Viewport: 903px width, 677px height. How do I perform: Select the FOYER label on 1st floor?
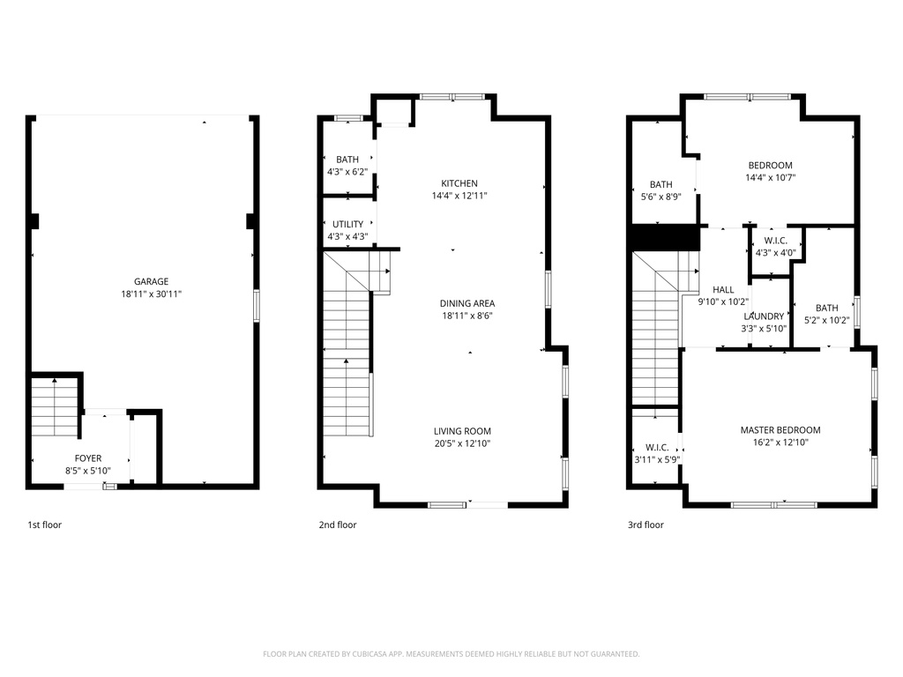tap(87, 458)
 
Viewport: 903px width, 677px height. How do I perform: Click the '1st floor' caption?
tap(45, 524)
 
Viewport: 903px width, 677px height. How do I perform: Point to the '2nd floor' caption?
tap(338, 524)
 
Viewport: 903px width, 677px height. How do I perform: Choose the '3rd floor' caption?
tap(646, 524)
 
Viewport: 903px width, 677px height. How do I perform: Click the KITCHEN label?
tap(460, 183)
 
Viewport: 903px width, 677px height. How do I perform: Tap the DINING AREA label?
tap(467, 303)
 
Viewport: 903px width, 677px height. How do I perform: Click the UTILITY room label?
tap(347, 225)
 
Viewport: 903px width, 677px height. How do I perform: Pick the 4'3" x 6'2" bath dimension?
tap(347, 172)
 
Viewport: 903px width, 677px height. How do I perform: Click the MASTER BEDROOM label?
tap(780, 430)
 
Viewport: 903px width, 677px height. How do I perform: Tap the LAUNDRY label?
tap(764, 316)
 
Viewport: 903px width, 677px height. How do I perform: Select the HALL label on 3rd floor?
tap(723, 290)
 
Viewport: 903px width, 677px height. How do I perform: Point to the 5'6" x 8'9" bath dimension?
tap(660, 197)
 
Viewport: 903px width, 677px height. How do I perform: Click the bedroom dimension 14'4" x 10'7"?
tap(770, 177)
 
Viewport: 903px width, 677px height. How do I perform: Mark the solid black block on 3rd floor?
tap(666, 238)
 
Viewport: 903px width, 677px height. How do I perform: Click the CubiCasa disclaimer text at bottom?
tap(451, 654)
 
